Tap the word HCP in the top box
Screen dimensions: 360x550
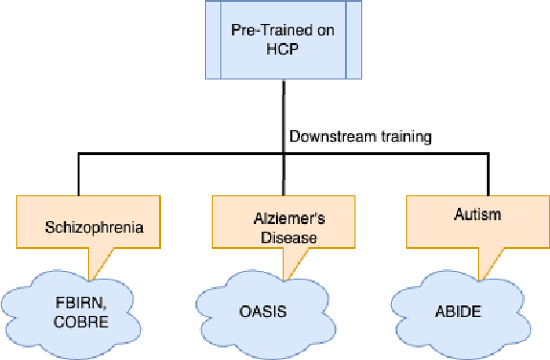(x=285, y=51)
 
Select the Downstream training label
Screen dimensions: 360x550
(x=360, y=137)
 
